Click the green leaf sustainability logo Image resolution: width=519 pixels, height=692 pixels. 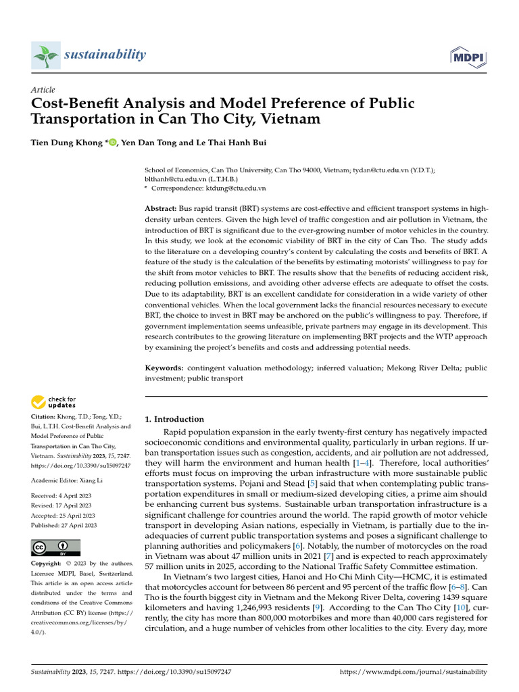coord(45,54)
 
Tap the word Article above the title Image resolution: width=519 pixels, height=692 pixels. coord(43,90)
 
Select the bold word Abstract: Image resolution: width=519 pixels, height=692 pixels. coord(162,210)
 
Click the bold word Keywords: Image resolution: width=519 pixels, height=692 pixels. coord(165,368)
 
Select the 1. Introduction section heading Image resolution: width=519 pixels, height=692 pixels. coord(174,419)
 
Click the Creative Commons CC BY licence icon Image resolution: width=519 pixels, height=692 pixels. coord(56,546)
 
